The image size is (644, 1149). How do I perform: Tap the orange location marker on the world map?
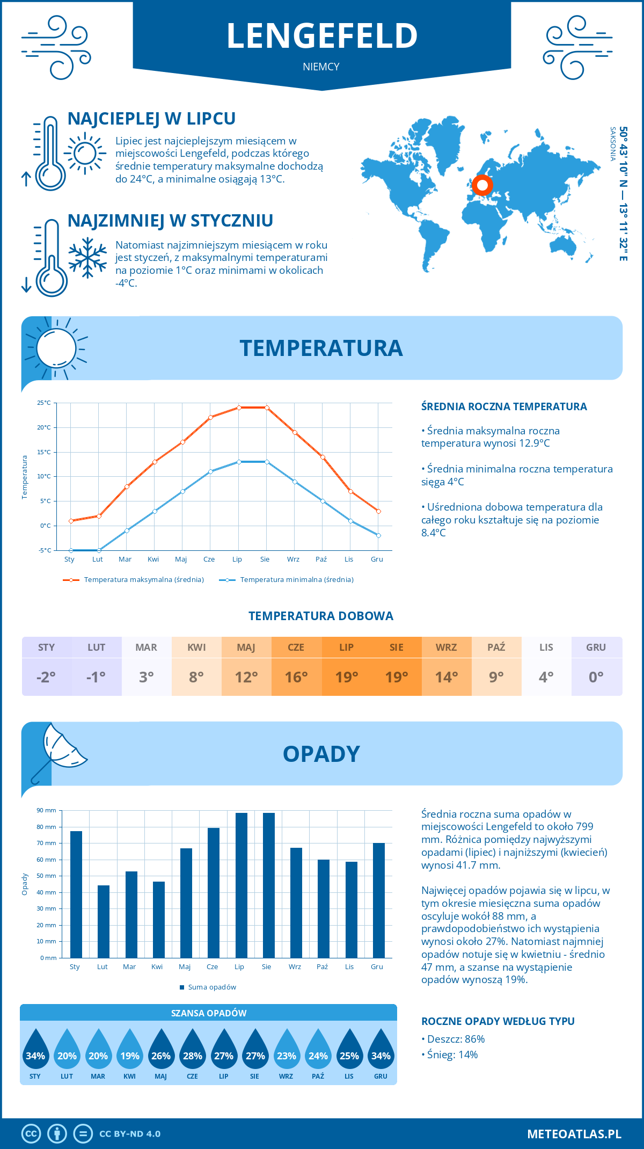[x=482, y=185]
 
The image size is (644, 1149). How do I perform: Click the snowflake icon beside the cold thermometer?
[x=87, y=258]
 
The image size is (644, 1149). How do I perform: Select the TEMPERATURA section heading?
[x=321, y=348]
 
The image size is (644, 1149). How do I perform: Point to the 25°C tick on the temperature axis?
[x=44, y=403]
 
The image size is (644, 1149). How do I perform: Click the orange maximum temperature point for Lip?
[x=239, y=408]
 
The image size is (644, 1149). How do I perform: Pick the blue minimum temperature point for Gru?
[x=378, y=535]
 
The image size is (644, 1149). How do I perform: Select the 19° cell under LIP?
[x=346, y=677]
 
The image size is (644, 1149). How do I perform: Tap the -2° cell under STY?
[x=46, y=677]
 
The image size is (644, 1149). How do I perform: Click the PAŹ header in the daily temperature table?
[x=496, y=647]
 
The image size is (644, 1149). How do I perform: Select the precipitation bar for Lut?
[x=104, y=921]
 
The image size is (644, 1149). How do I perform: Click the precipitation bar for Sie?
[x=269, y=885]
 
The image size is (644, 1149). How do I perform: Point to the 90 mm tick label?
[x=47, y=810]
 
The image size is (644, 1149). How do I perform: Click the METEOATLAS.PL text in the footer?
[x=574, y=1134]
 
